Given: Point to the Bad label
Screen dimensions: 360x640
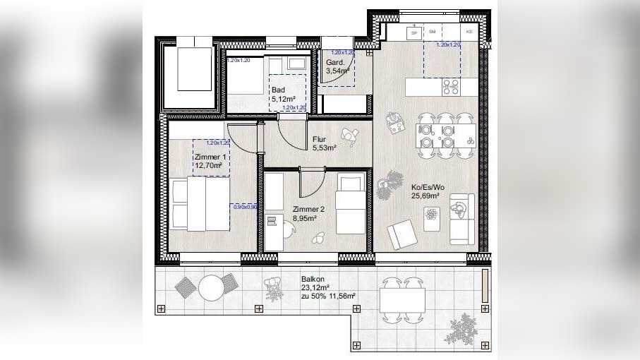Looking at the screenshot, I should (278, 90).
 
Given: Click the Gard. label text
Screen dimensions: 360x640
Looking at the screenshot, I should (334, 62).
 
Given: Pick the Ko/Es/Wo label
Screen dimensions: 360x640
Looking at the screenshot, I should (425, 187).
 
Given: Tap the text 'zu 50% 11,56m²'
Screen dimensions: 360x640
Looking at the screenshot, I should (328, 296).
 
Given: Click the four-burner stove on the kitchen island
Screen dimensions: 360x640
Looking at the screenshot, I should (450, 87).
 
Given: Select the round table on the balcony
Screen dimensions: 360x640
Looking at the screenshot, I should (211, 287).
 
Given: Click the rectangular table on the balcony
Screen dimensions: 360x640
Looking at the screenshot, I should (402, 301).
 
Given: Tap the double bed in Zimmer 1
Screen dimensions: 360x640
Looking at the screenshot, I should (200, 204).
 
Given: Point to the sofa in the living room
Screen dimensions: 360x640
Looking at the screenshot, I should (462, 218).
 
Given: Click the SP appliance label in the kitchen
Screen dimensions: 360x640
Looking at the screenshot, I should (414, 32).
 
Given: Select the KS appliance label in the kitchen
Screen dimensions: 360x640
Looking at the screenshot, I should (469, 32).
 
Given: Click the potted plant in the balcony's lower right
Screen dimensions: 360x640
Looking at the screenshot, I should (464, 329).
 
